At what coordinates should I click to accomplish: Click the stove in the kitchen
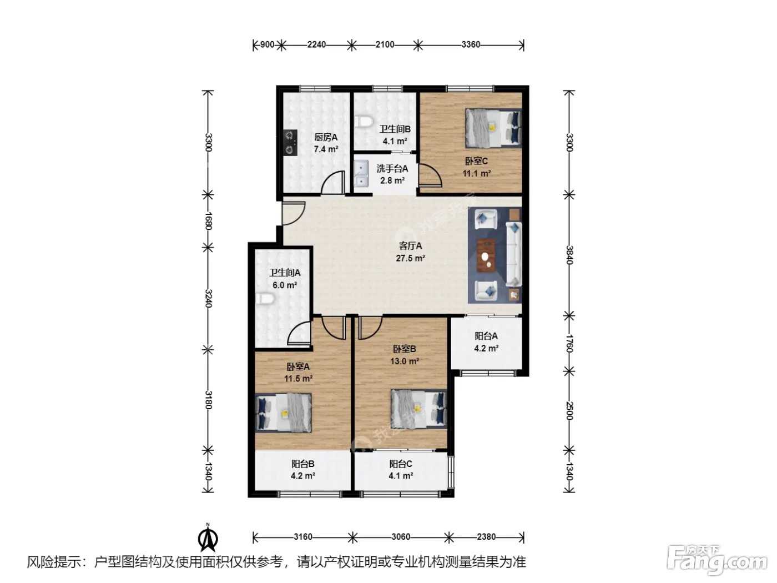[x=290, y=142]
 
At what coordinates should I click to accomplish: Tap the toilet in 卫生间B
[x=364, y=122]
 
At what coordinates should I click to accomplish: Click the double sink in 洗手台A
[x=361, y=173]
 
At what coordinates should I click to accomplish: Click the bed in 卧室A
[x=284, y=413]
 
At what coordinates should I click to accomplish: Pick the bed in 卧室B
[x=419, y=409]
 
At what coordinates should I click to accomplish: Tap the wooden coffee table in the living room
[x=486, y=255]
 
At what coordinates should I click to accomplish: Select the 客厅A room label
[x=410, y=245]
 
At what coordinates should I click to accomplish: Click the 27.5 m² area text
[x=410, y=258]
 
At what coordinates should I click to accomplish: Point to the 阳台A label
[x=486, y=335]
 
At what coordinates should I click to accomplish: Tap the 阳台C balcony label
[x=401, y=464]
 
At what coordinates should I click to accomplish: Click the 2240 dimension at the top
[x=316, y=44]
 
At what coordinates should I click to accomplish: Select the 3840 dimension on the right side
[x=569, y=255]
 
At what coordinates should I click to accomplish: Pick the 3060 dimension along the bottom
[x=400, y=537]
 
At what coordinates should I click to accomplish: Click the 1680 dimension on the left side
[x=208, y=221]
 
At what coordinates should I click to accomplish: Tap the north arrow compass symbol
[x=208, y=537]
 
